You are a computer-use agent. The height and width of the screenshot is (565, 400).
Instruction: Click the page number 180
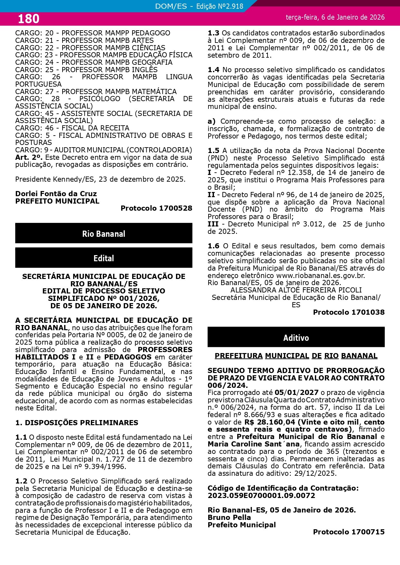(x=28, y=19)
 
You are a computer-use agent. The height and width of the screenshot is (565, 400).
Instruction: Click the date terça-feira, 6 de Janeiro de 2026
(x=335, y=17)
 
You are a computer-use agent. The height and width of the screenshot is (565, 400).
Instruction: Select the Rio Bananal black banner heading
(x=103, y=234)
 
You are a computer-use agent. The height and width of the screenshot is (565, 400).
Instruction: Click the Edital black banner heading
(x=103, y=258)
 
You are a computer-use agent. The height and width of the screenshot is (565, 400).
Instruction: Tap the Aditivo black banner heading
(x=296, y=338)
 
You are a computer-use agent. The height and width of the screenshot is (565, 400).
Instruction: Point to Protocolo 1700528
(x=156, y=208)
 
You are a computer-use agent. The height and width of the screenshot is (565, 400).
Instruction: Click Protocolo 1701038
(x=348, y=312)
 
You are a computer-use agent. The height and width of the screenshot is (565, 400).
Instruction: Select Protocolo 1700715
(x=348, y=532)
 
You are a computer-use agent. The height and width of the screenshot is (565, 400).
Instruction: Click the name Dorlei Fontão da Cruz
(x=56, y=194)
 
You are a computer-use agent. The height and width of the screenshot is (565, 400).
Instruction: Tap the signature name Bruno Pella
(x=229, y=517)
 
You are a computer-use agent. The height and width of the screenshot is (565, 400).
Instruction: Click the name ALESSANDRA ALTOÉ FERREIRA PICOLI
(x=296, y=290)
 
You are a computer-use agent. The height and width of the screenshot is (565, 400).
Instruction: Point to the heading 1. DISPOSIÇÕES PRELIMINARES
(x=77, y=423)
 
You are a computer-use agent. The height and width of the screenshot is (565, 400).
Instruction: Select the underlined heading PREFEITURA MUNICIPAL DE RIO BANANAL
(x=296, y=356)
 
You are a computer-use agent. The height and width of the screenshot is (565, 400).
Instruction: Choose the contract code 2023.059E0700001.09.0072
(x=261, y=495)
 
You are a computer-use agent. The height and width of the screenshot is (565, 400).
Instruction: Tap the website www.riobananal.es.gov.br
(x=320, y=275)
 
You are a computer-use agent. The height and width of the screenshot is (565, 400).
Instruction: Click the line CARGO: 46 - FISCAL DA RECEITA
(x=72, y=128)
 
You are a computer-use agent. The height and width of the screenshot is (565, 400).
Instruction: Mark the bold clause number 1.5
(x=213, y=150)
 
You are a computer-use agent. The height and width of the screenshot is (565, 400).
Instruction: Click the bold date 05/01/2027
(x=296, y=392)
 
